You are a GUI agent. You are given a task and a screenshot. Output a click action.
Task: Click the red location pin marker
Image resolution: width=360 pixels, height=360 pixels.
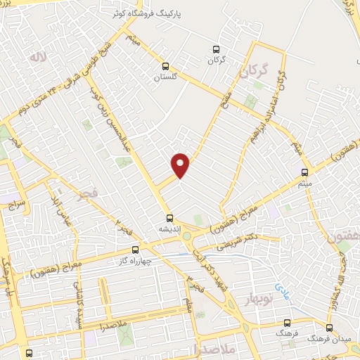point(181,165)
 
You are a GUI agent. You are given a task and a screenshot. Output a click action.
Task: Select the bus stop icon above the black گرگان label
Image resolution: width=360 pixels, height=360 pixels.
point(216,49)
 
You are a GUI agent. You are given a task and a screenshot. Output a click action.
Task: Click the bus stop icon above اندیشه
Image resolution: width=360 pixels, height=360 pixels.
point(169,218)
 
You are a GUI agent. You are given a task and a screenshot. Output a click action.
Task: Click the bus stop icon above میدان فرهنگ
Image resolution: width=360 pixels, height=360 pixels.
point(329,328)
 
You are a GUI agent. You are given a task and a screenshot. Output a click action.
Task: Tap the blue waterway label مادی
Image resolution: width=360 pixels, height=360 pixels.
point(281,288)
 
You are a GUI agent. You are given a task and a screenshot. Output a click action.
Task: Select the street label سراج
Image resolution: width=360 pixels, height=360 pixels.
point(15,205)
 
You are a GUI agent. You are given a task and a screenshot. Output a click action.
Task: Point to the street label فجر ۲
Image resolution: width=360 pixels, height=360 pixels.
point(124,226)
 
